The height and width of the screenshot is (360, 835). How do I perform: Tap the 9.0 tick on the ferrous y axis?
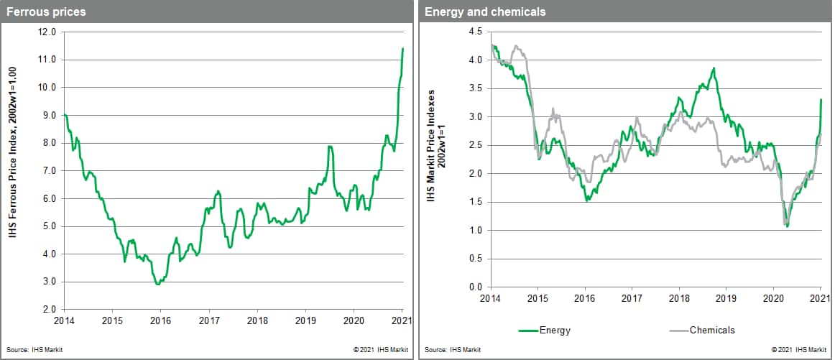[49, 115]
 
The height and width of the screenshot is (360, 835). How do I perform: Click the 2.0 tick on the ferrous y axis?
[49, 310]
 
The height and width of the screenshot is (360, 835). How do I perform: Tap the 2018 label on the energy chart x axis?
[680, 297]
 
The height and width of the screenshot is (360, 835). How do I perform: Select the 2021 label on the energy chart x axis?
[821, 297]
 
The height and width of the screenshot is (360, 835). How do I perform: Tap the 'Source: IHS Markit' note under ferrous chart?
[32, 349]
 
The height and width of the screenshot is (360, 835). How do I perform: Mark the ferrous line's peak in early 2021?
[403, 48]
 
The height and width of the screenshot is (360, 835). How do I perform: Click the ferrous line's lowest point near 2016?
[158, 285]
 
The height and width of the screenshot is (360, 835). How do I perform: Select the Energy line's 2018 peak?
[714, 68]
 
